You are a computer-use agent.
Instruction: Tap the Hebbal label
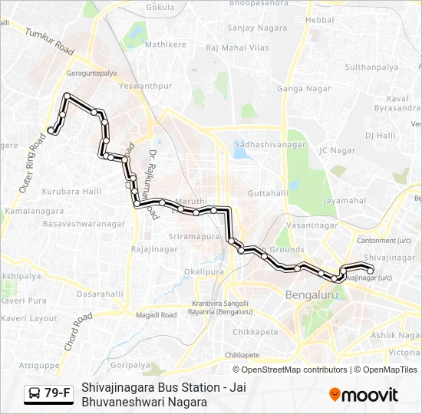tap(320, 18)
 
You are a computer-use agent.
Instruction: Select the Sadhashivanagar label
tap(270, 144)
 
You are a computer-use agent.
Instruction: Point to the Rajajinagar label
tap(154, 249)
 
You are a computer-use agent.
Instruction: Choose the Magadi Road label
tap(156, 314)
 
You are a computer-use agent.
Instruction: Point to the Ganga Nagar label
tap(304, 89)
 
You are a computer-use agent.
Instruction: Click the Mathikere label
tap(166, 44)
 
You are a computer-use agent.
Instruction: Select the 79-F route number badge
tap(58, 393)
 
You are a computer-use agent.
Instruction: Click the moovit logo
tap(364, 395)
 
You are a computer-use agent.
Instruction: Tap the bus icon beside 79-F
tap(35, 394)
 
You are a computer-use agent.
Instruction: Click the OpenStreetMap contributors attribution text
tap(295, 370)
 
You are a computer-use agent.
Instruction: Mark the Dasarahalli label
tap(100, 294)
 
